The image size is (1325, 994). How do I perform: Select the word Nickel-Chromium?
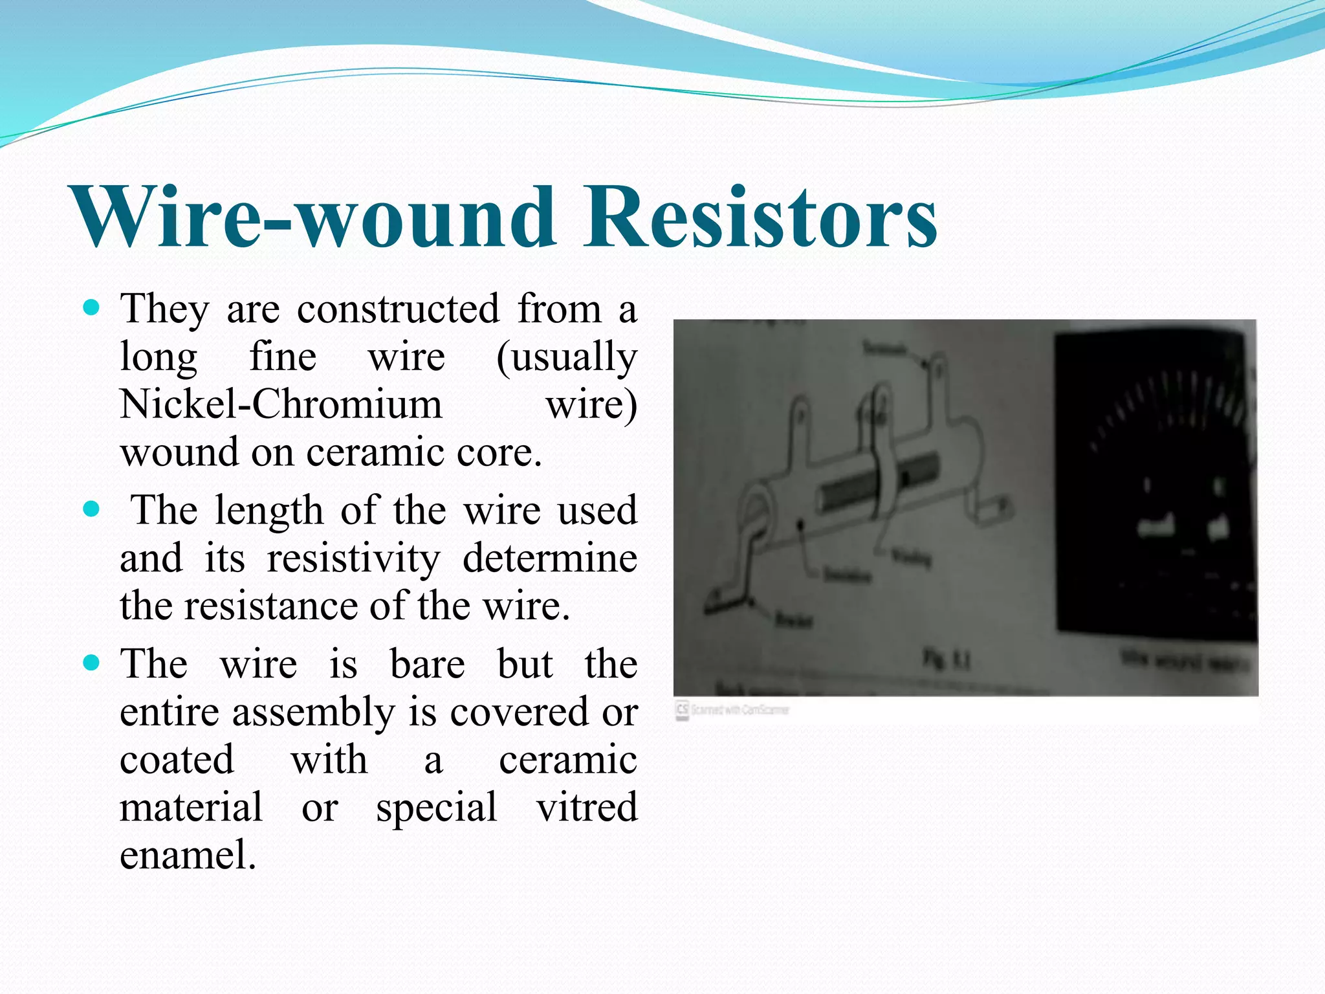click(x=281, y=404)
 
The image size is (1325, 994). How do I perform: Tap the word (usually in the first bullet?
click(x=566, y=357)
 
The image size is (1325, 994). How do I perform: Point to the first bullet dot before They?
click(x=92, y=307)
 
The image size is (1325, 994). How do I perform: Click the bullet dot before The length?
click(x=92, y=509)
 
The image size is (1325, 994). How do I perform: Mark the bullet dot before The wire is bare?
click(x=92, y=663)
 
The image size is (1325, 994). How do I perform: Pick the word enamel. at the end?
click(x=188, y=854)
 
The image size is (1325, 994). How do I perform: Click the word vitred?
click(x=586, y=807)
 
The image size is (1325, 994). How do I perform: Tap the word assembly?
click(x=313, y=712)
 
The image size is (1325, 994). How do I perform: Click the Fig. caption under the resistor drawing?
click(x=946, y=661)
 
